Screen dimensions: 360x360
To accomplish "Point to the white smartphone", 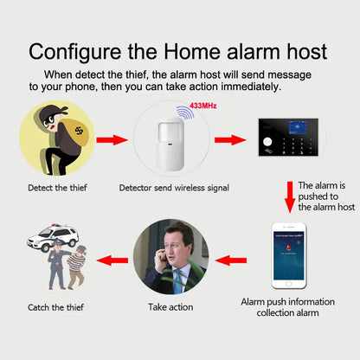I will [x=291, y=255].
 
